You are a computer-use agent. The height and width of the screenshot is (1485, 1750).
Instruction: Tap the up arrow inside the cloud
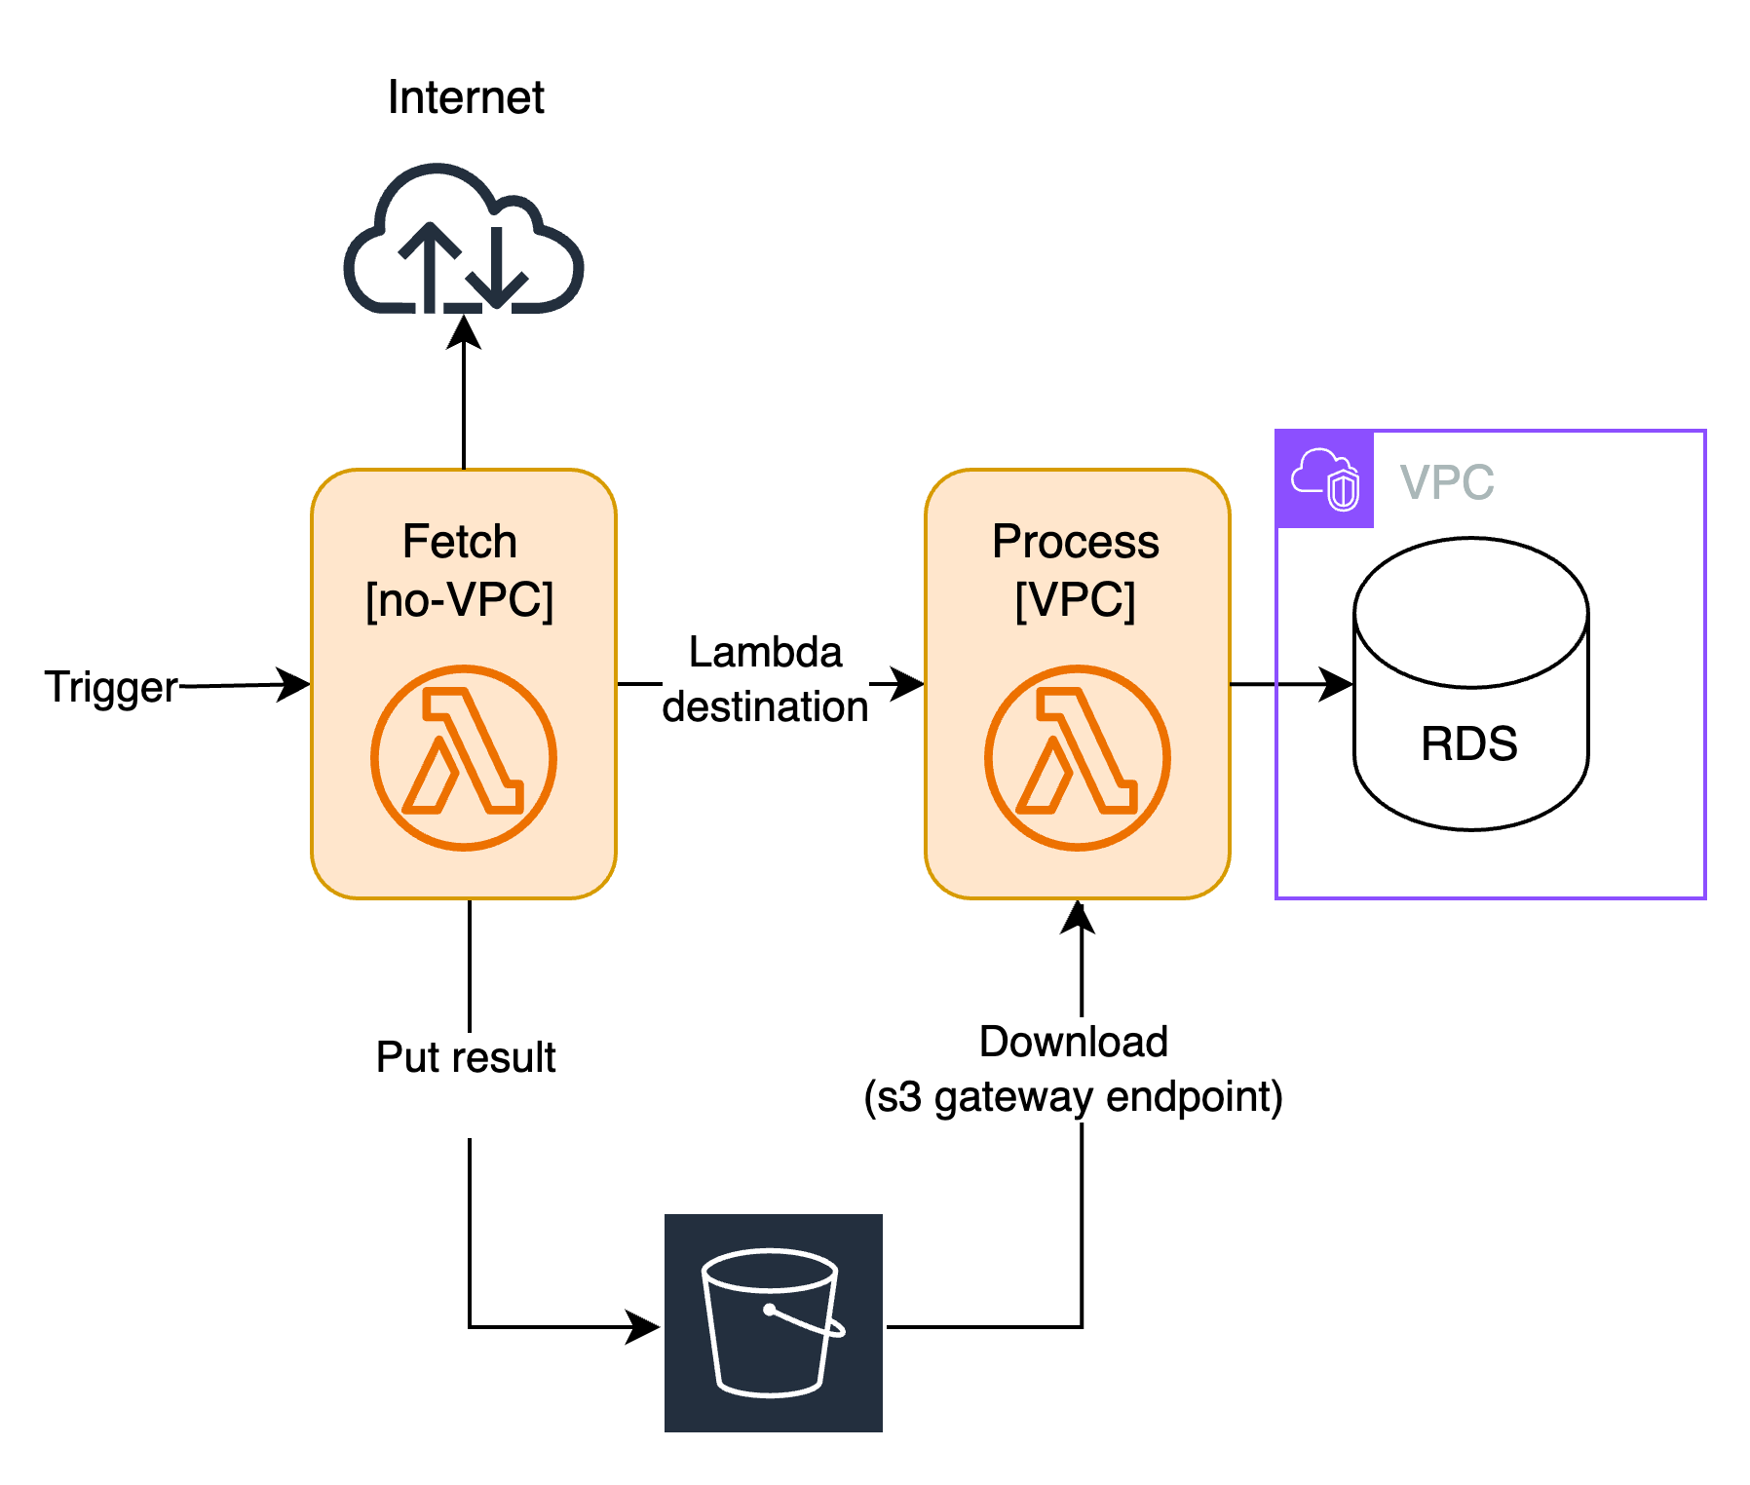pos(430,264)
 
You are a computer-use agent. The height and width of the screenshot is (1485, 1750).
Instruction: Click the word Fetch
pos(460,542)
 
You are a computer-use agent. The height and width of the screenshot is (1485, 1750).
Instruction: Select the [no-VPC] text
pos(460,599)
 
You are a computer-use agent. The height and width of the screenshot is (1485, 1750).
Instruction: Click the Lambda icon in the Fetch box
pos(464,757)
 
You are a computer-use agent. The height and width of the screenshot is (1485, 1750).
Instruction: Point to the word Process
pos(1076,542)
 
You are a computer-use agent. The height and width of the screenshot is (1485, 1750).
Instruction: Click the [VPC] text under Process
pos(1076,599)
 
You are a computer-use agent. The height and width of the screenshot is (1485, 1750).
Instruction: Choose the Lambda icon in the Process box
pos(1078,757)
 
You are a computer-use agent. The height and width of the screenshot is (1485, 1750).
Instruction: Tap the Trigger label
pos(111,687)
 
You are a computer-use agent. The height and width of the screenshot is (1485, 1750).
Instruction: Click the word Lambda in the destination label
pos(765,652)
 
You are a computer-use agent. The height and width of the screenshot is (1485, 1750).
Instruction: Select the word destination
pos(765,706)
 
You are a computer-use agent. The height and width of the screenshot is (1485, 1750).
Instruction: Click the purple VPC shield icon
pos(1325,479)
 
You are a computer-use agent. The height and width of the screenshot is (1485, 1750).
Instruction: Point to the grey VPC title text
pos(1447,481)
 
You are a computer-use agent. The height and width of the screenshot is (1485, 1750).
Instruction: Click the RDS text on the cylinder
pos(1469,743)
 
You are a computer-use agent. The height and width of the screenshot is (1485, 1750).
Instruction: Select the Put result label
pos(466,1057)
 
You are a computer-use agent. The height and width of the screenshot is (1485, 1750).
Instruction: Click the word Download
pos(1074,1042)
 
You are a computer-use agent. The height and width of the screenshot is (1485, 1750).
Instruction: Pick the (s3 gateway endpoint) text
pos(1074,1097)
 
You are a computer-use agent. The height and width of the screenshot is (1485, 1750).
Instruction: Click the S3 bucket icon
pos(774,1326)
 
